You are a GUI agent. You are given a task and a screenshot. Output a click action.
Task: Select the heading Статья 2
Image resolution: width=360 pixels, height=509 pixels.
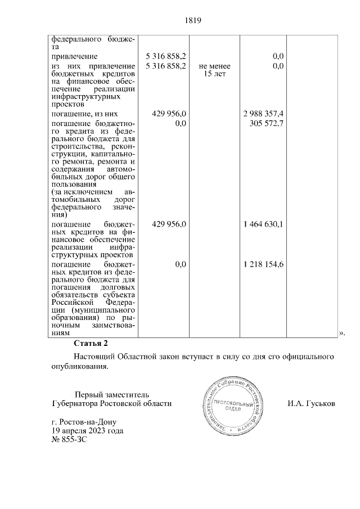tap(90, 343)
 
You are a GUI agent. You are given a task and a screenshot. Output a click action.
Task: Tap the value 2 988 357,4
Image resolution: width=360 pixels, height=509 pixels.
tap(263, 114)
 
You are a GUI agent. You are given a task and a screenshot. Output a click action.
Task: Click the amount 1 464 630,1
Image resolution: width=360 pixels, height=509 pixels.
tap(263, 224)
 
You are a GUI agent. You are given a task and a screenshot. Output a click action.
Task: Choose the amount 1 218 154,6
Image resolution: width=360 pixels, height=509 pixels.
tap(263, 264)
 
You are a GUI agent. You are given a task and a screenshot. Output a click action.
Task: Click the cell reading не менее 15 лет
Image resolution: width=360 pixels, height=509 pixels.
tap(214, 70)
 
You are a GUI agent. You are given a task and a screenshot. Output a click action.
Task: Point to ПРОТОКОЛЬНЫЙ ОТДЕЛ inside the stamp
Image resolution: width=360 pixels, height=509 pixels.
tap(227, 406)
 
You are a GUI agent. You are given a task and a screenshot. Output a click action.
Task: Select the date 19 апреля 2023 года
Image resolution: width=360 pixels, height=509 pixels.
tap(87, 431)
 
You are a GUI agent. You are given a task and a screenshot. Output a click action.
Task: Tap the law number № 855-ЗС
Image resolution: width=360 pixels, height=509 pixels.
tap(69, 440)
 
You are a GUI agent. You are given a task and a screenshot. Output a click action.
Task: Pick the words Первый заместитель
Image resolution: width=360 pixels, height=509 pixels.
tap(112, 394)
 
